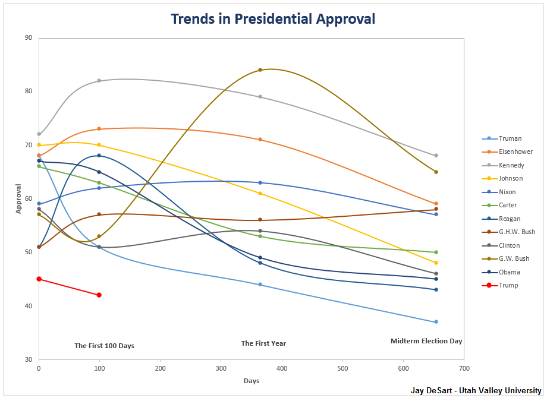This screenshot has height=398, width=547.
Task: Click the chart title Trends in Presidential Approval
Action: coord(273,18)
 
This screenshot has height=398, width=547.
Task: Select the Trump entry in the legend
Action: coord(508,285)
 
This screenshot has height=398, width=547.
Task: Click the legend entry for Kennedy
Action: coord(511,165)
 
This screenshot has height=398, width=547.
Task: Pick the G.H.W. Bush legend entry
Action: coord(517,232)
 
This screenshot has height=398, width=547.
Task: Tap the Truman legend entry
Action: coord(510,138)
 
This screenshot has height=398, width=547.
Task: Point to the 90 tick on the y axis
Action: coord(29,38)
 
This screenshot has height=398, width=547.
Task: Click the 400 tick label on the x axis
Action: coord(282,368)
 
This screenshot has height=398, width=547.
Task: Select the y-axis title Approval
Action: coord(18,198)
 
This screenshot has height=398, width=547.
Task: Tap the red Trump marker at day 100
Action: coord(99,295)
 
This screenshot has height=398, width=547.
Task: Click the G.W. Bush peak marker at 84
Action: coord(260,70)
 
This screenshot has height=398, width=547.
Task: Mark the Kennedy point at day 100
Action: coord(99,81)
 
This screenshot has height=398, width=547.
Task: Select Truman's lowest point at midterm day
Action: coord(436,322)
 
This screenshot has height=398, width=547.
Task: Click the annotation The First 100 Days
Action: coord(104,346)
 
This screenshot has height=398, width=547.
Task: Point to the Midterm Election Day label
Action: coord(426,341)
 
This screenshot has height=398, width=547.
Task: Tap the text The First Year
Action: coord(263,343)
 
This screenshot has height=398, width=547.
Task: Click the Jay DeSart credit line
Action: coord(476,390)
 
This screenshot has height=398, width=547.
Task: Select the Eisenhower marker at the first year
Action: coord(260,140)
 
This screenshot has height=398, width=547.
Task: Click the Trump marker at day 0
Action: coord(39,279)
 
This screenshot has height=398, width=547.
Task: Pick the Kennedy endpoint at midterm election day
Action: coord(436,156)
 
